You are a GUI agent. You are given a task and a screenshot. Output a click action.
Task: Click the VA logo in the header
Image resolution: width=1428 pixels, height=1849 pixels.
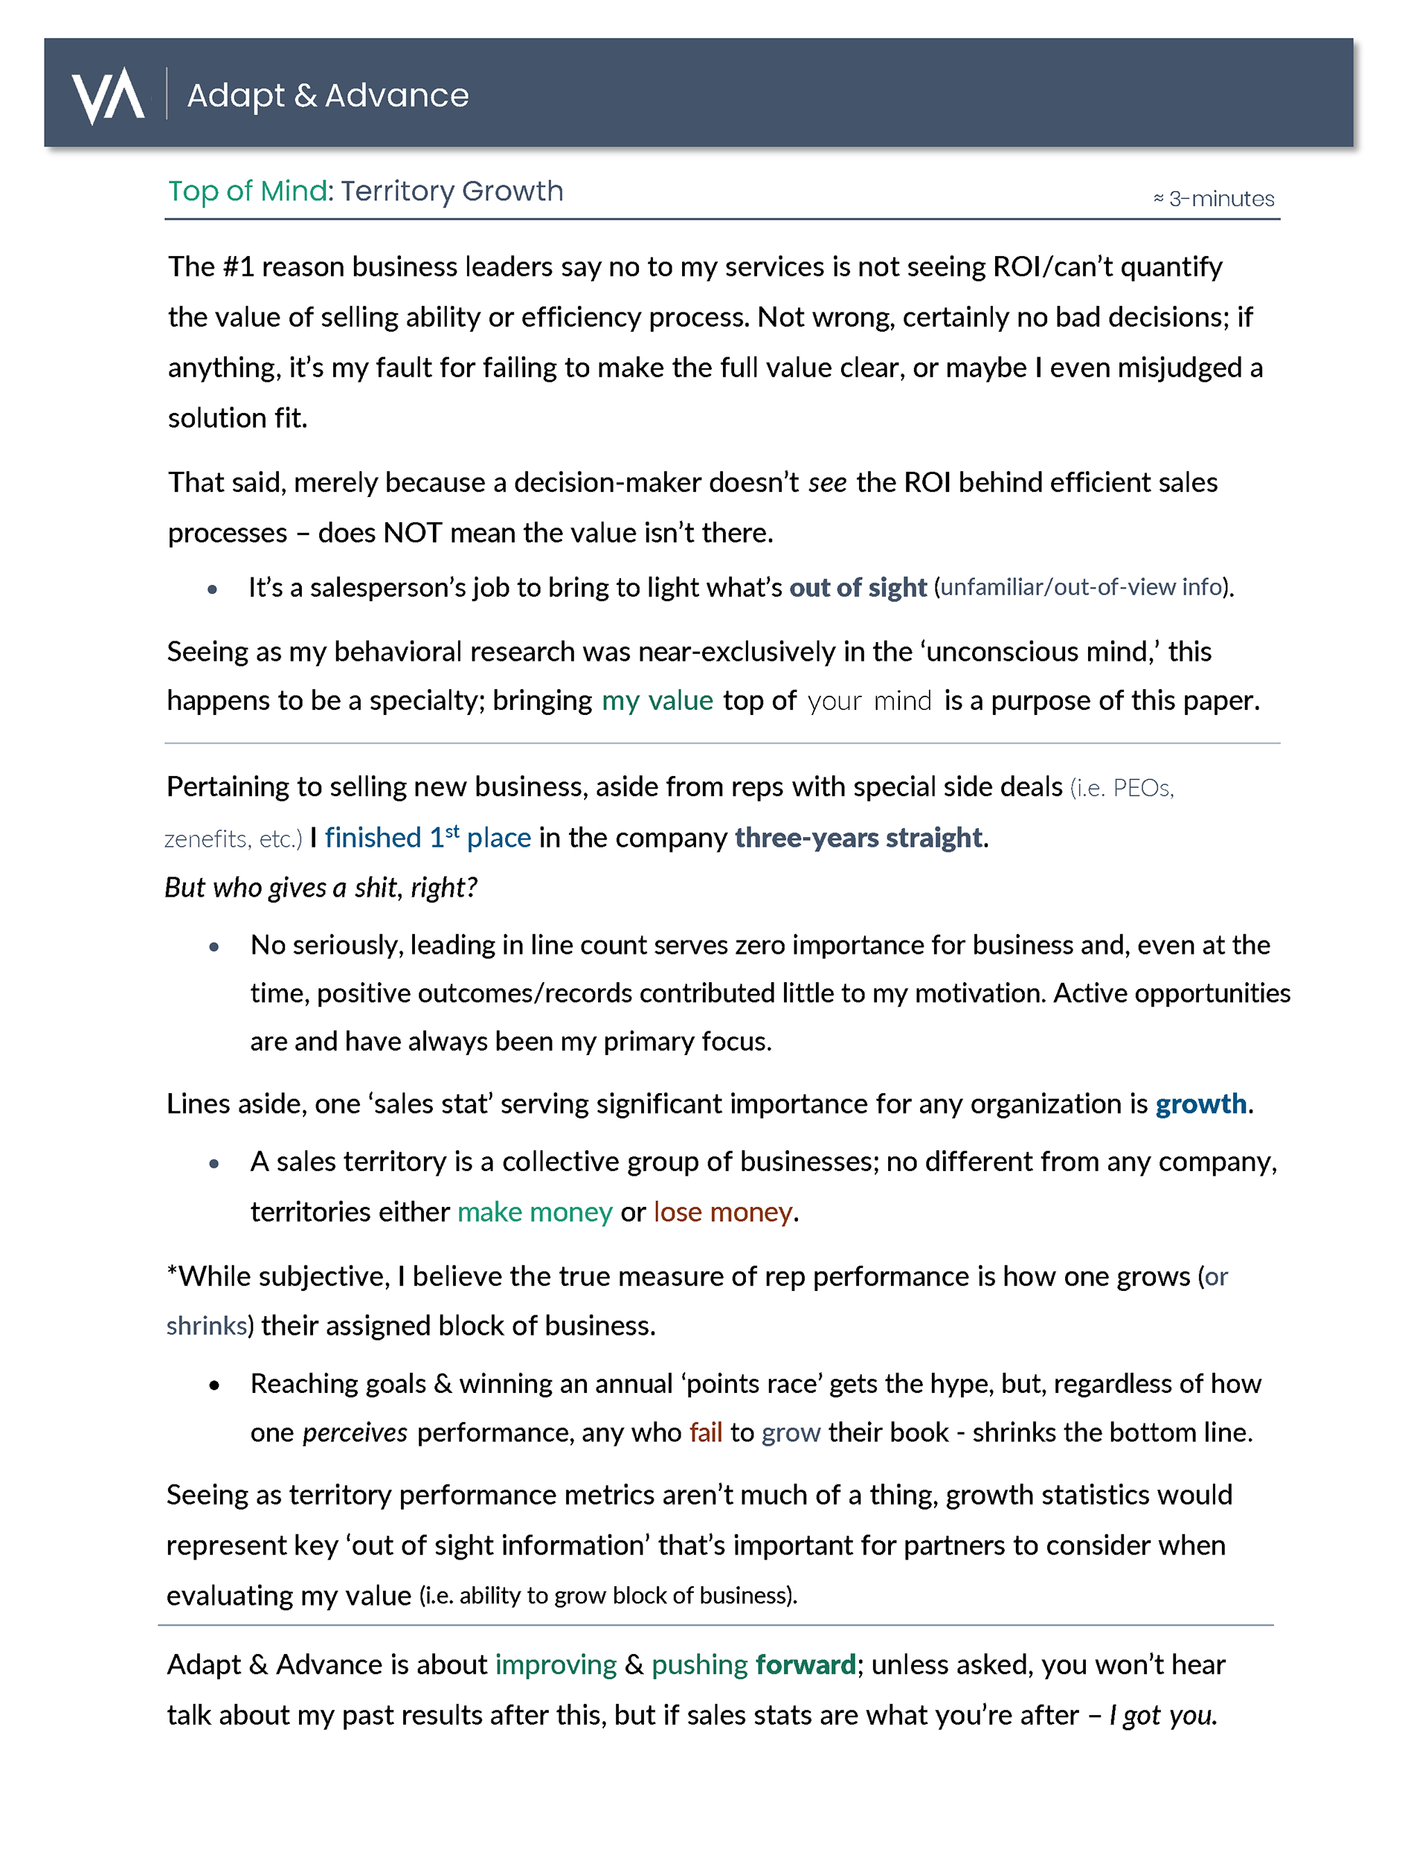(108, 94)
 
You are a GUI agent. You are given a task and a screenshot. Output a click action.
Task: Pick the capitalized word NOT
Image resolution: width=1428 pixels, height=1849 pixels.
(412, 533)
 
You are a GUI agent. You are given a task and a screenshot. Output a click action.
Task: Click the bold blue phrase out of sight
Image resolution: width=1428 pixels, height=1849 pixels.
(858, 588)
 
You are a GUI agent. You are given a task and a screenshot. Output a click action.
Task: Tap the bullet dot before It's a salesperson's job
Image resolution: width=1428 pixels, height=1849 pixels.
(213, 589)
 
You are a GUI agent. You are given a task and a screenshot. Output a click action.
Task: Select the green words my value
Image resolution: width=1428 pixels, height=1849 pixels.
(657, 701)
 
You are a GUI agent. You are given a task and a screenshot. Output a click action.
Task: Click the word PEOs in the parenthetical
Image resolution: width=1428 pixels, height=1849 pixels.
(1142, 788)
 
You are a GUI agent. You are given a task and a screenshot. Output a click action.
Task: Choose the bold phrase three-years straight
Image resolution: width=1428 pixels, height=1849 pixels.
(858, 837)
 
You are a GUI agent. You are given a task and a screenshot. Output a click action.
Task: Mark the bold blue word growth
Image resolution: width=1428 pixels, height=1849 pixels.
(1200, 1104)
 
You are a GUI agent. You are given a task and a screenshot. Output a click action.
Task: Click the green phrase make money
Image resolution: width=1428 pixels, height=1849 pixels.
(534, 1212)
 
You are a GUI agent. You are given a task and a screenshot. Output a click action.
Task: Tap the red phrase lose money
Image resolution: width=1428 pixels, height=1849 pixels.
(723, 1212)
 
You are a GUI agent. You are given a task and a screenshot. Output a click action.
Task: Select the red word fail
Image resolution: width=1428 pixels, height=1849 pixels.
(705, 1432)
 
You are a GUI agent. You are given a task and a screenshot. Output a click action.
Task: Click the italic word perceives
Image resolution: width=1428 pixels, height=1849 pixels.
(355, 1432)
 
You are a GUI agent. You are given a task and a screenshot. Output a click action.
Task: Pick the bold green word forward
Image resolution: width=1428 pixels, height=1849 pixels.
(805, 1665)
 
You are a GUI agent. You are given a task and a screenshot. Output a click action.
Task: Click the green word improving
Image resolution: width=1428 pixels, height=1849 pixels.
(556, 1665)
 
